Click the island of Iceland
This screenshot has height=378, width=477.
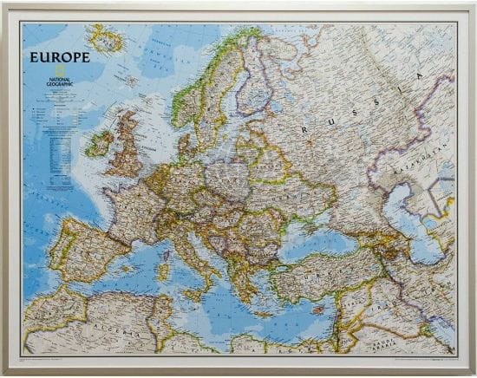107,38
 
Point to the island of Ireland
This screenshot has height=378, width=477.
100,142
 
